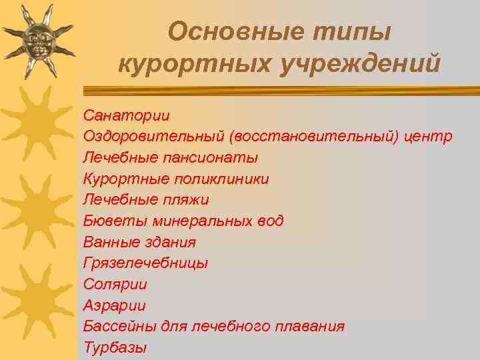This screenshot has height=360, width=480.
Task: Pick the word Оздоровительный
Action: tap(154, 137)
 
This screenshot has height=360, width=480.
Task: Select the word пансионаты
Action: tap(214, 158)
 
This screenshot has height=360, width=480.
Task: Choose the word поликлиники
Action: tap(221, 179)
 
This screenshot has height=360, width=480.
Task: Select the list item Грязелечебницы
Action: tap(145, 263)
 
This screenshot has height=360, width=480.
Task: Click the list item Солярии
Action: tap(115, 284)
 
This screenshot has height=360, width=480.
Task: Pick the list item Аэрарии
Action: tap(114, 305)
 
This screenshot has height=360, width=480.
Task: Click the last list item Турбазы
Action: tap(115, 347)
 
